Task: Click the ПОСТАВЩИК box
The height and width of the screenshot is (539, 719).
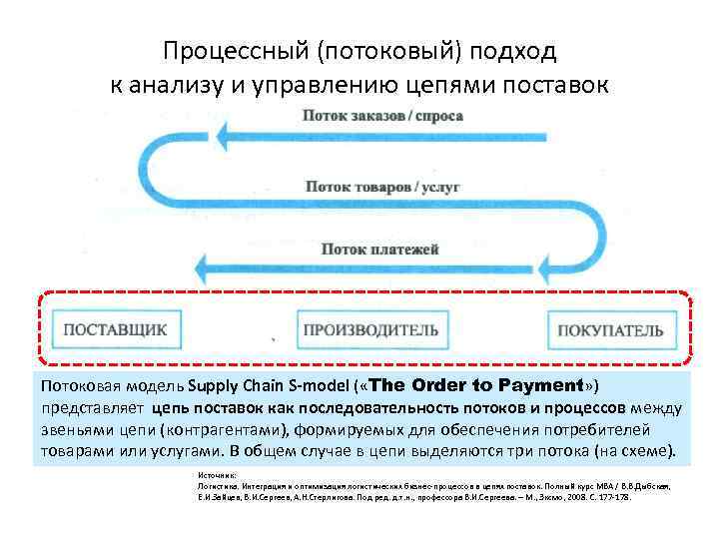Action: click(115, 328)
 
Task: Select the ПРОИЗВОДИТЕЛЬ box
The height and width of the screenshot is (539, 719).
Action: click(369, 328)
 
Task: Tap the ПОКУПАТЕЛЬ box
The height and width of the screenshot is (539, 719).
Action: click(609, 328)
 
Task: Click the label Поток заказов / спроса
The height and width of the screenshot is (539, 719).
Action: click(382, 116)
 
